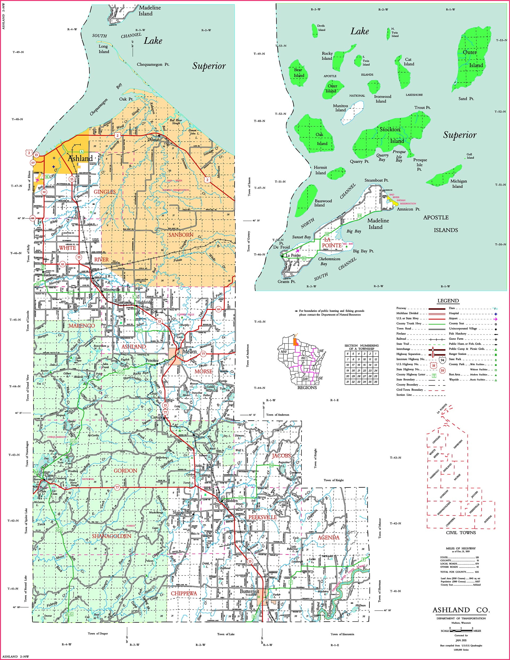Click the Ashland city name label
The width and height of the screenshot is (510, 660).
(80, 158)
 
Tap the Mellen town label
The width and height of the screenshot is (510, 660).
(190, 352)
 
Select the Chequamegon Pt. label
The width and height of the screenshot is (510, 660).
(153, 64)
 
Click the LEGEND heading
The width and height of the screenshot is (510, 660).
(448, 301)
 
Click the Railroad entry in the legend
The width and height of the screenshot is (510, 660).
(401, 339)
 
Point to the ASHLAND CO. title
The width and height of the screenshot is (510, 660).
(461, 610)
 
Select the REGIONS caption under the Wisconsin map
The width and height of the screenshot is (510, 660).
(307, 388)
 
